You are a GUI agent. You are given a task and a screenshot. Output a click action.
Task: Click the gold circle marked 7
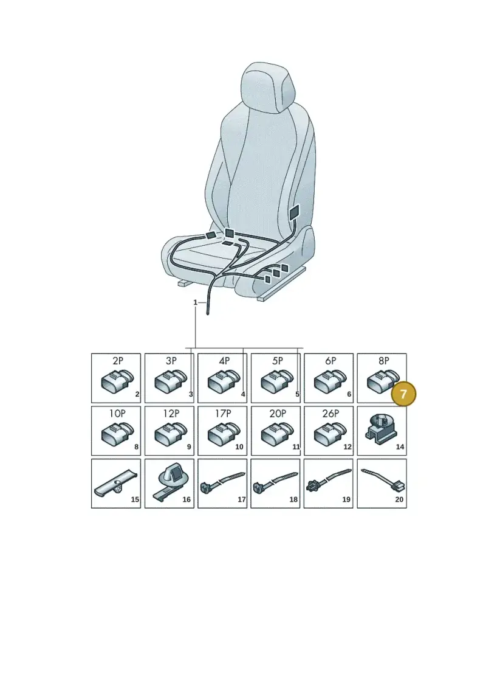(x=403, y=394)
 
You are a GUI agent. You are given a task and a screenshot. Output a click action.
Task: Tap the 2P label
(x=118, y=361)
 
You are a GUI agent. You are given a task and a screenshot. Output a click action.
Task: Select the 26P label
(x=330, y=413)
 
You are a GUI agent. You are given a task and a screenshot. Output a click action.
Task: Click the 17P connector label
(x=223, y=413)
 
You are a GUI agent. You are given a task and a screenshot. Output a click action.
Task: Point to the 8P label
(x=384, y=361)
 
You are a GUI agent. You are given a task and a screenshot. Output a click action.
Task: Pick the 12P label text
(x=171, y=413)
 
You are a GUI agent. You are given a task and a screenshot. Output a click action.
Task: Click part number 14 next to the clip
(x=400, y=447)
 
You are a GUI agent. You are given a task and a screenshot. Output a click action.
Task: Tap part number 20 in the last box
(x=399, y=499)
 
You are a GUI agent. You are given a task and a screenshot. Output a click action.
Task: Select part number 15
(x=135, y=499)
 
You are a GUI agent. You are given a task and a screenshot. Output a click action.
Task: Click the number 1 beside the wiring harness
(x=196, y=302)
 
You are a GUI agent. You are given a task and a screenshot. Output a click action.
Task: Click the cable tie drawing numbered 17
(x=222, y=482)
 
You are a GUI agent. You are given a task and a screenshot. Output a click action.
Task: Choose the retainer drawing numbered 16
(x=169, y=481)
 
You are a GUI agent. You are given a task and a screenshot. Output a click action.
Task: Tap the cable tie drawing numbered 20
(x=383, y=479)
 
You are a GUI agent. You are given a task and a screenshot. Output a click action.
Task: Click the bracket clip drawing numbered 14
(x=381, y=429)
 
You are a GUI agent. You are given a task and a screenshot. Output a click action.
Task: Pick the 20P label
(x=278, y=413)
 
